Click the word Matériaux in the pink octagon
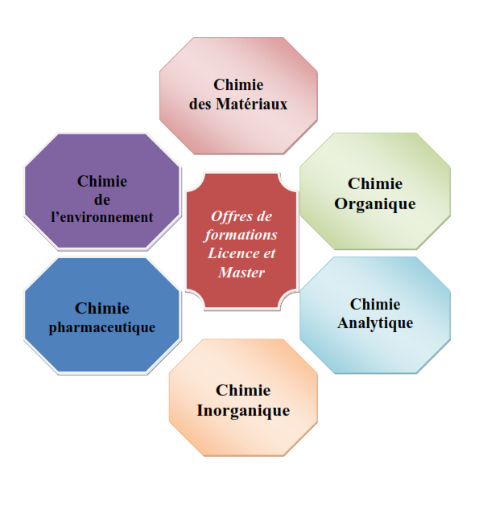tap(251, 104)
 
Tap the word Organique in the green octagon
tap(375, 204)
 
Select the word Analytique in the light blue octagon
tap(375, 323)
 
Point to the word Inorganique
tap(243, 411)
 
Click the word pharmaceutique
tap(102, 328)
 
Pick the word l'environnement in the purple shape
tap(102, 217)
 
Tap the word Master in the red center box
tap(242, 273)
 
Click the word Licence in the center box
tap(233, 253)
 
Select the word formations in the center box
tap(241, 235)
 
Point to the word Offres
tap(228, 216)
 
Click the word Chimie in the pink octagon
tap(238, 85)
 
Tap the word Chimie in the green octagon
tap(375, 184)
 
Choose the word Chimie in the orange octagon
tap(243, 390)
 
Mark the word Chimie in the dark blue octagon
tap(102, 308)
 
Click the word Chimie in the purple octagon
tap(102, 181)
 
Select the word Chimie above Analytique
tap(375, 304)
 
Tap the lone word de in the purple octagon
tap(102, 200)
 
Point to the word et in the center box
tap(270, 253)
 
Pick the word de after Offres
tap(265, 216)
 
